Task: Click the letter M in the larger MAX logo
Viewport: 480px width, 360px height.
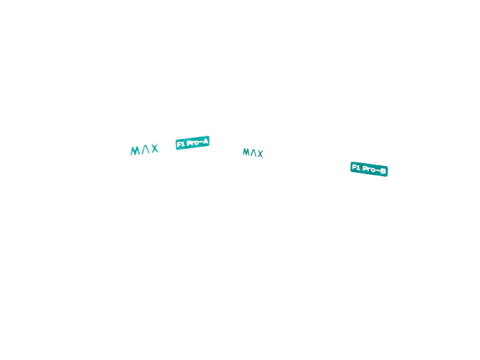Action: (x=135, y=151)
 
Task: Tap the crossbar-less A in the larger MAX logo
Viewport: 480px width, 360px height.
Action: (x=145, y=149)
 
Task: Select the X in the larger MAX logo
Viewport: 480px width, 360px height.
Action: (x=154, y=148)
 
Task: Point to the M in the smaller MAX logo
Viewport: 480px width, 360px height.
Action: (x=246, y=152)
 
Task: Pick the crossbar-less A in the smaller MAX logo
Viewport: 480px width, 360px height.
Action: (x=254, y=152)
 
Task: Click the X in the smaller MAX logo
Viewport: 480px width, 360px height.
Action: (x=260, y=154)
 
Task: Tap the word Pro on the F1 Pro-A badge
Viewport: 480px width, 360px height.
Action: (x=193, y=143)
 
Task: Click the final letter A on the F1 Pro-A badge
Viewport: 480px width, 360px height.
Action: (x=206, y=141)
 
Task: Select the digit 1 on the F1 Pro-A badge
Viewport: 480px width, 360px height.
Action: (x=183, y=144)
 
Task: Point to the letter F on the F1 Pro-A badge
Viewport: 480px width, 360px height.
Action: (x=179, y=145)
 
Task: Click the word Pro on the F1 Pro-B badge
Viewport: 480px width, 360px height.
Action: (x=369, y=169)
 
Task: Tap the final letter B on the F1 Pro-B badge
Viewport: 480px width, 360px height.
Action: (x=383, y=171)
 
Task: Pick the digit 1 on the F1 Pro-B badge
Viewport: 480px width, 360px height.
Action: (x=358, y=167)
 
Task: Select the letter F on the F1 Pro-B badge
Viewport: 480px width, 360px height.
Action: (x=355, y=167)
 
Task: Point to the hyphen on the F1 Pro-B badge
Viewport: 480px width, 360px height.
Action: (x=379, y=170)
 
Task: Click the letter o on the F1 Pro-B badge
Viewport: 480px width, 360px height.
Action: (x=374, y=169)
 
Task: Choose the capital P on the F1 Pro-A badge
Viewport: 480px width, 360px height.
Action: (x=189, y=143)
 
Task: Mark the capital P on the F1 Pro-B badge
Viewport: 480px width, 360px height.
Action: (x=365, y=169)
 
